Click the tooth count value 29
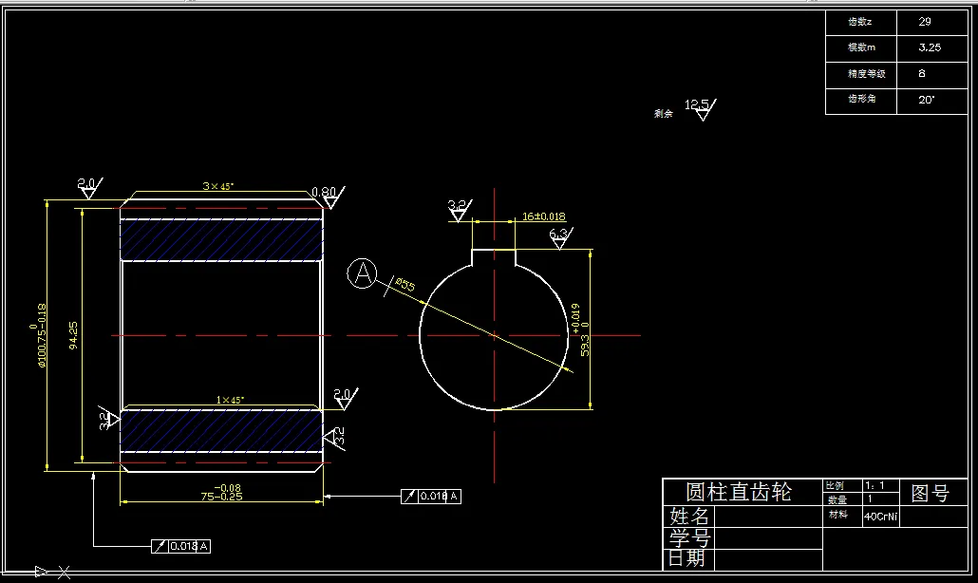click(x=925, y=21)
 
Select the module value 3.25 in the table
click(x=930, y=47)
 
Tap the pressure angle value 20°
click(x=927, y=99)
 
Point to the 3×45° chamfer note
click(x=217, y=187)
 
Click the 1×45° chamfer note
click(x=231, y=400)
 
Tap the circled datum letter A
click(x=362, y=273)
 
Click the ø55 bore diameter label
click(x=405, y=285)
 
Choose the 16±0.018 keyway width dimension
click(x=543, y=216)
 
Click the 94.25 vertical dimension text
click(x=75, y=335)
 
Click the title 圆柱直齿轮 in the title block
click(x=738, y=492)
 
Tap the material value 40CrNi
click(x=880, y=517)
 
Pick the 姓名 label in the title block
click(x=688, y=517)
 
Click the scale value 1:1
click(x=875, y=485)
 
